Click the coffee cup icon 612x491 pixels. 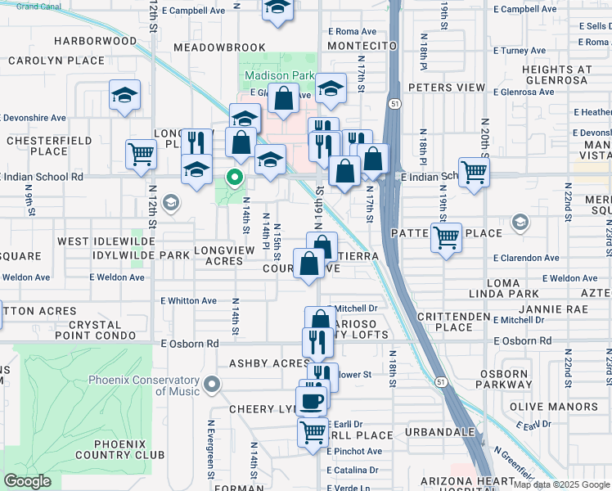coord(311,401)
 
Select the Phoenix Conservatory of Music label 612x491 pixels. coord(155,385)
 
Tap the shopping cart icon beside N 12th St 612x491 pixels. coord(142,152)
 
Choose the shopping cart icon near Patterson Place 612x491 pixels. coord(446,237)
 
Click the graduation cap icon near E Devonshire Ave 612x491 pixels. coord(125,96)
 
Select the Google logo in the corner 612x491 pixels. coord(27,480)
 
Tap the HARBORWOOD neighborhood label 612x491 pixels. coord(96,41)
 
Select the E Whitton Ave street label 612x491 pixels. coord(189,301)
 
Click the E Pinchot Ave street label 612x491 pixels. coord(354,451)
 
